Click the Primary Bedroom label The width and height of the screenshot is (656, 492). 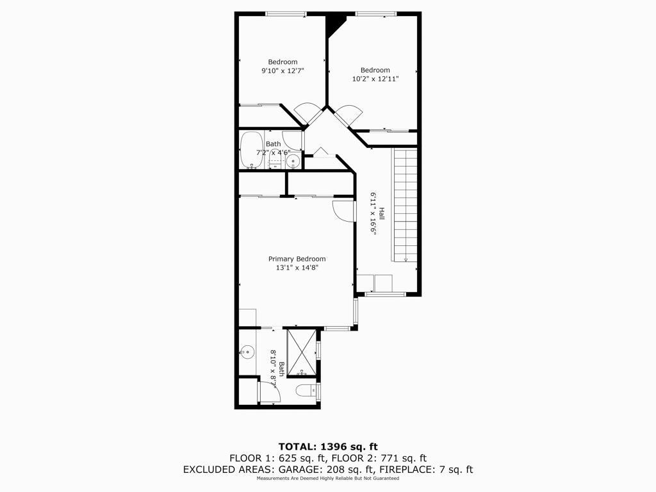(x=297, y=259)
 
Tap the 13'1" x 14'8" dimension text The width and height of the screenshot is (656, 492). (x=297, y=268)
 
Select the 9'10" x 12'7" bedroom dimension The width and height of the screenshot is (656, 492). (x=283, y=70)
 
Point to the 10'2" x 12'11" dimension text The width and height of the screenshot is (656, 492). (x=375, y=79)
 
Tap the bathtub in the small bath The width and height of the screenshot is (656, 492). (x=251, y=150)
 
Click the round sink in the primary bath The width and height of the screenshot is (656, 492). (x=248, y=352)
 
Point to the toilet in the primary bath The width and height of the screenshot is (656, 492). (x=307, y=391)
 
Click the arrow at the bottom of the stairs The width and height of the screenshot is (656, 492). (x=406, y=259)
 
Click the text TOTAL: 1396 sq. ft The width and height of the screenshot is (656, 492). (x=328, y=447)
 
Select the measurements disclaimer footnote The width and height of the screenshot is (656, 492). (x=328, y=478)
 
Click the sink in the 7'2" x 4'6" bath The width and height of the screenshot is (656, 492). (x=293, y=160)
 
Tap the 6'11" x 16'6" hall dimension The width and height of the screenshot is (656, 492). (x=373, y=214)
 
